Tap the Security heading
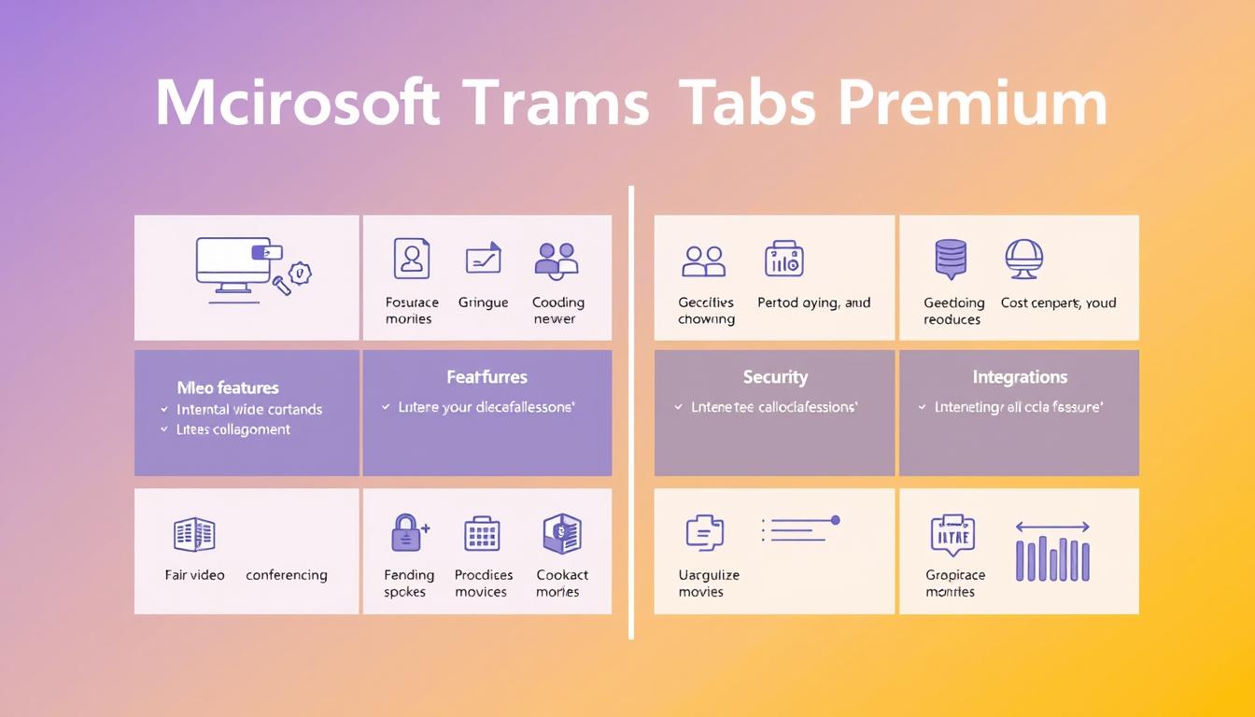(775, 377)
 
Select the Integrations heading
(1020, 377)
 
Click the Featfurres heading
(486, 377)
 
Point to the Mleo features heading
(228, 387)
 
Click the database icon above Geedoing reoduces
(951, 258)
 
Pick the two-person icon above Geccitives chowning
(704, 261)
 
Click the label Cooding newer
(557, 311)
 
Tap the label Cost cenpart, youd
(1058, 302)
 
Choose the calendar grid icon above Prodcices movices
(482, 534)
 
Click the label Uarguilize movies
(709, 583)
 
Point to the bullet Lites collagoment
(233, 429)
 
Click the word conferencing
(286, 575)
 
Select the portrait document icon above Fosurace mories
(411, 259)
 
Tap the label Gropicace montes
(955, 583)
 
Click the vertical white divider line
(631, 411)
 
